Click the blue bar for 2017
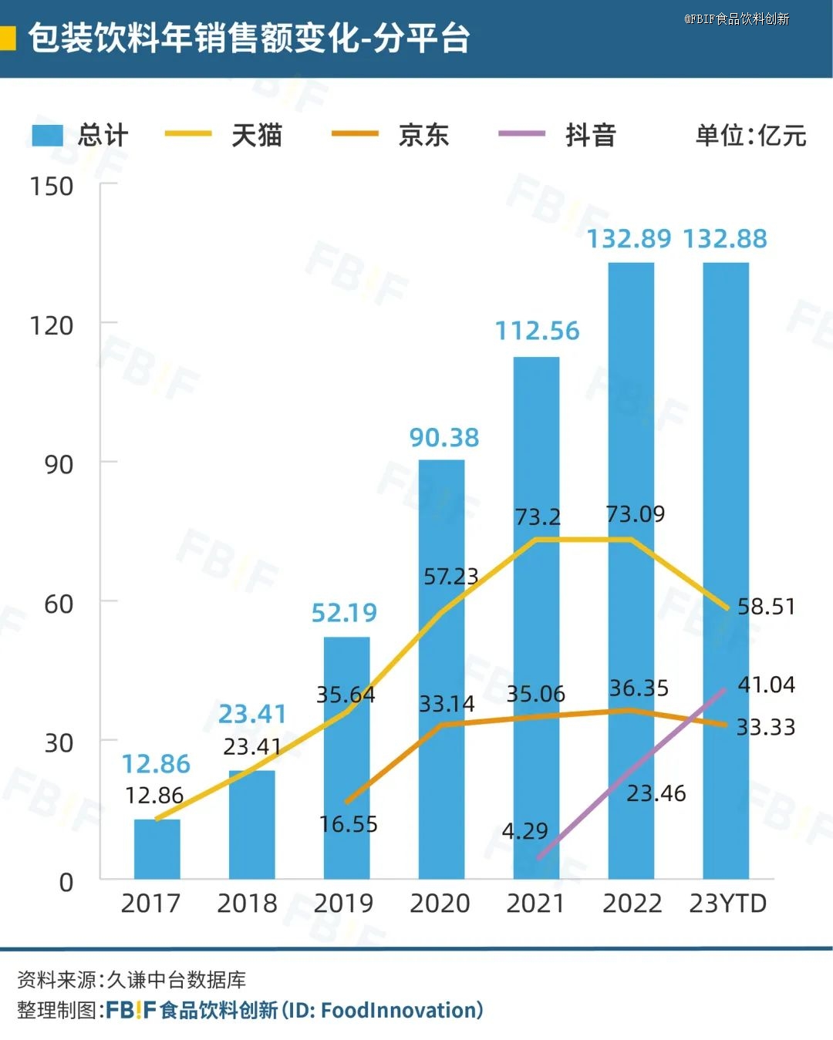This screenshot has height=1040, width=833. pos(157,849)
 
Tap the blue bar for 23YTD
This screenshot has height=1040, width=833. pos(726,570)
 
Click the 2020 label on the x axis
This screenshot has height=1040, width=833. pos(440,903)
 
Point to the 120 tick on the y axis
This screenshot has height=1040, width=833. pos(52,325)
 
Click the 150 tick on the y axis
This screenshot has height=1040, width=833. pos(52,186)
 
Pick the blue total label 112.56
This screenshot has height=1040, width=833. pos(537,331)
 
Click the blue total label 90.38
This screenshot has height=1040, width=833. pos(444,437)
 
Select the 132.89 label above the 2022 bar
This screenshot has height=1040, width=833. pos(629,238)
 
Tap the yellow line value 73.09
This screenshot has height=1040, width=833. pos(635,513)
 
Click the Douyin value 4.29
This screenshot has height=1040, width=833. pos(524,830)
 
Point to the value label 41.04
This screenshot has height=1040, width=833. pos(766,685)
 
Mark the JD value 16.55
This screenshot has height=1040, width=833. pos(349,824)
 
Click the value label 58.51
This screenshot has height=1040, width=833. pos(766,606)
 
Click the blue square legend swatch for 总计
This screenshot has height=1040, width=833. pos(47,135)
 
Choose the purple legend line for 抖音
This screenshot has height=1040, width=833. pos(522,134)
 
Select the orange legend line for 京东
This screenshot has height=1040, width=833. pos(355,134)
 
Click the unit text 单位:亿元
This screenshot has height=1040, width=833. pos(750,135)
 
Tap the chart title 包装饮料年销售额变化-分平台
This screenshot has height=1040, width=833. pos(248,39)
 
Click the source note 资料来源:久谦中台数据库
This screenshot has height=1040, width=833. pos(132,980)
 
